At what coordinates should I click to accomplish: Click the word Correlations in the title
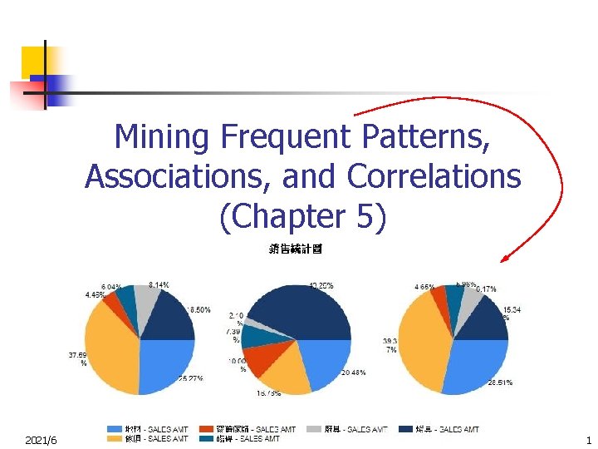pos(434,176)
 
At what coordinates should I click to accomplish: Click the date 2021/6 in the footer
pos(42,439)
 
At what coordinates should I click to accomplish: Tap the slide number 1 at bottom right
pos(588,439)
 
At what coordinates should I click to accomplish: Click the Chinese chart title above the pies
pos(296,249)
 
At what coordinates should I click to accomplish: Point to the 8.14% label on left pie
pos(159,284)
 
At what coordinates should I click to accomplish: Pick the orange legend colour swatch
pos(115,439)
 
